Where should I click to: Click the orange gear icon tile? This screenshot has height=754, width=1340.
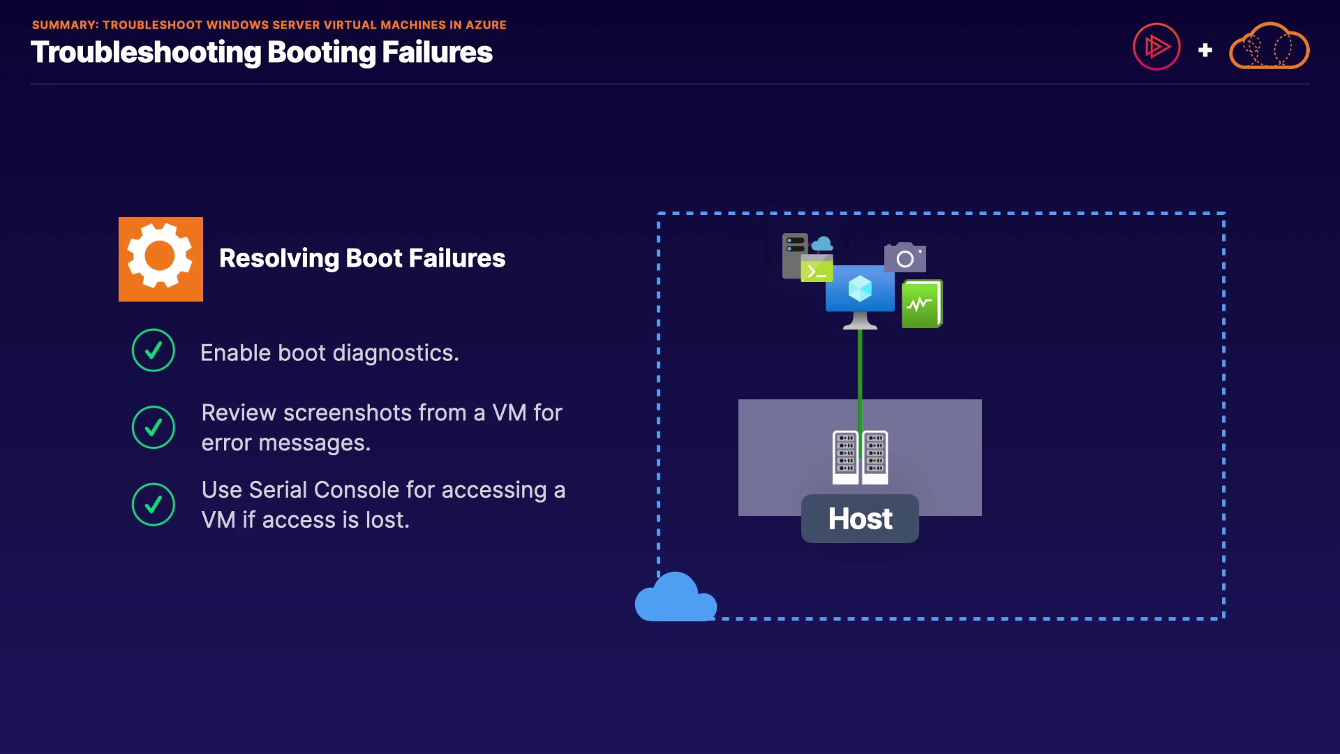pyautogui.click(x=161, y=259)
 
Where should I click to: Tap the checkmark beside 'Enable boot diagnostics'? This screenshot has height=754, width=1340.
pyautogui.click(x=154, y=350)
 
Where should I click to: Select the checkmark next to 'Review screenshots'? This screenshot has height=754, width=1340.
pyautogui.click(x=154, y=427)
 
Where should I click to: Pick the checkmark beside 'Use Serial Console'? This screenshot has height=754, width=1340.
pyautogui.click(x=154, y=504)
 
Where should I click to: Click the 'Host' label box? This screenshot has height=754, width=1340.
pyautogui.click(x=860, y=519)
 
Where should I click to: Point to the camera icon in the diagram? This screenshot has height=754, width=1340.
pyautogui.click(x=905, y=258)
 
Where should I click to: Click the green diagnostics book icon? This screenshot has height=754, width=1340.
pyautogui.click(x=922, y=304)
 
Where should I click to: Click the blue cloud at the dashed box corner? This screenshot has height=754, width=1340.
pyautogui.click(x=675, y=599)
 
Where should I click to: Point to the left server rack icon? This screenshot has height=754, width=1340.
pyautogui.click(x=846, y=457)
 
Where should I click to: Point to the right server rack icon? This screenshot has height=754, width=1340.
pyautogui.click(x=875, y=457)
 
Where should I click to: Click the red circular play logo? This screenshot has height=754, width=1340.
pyautogui.click(x=1156, y=47)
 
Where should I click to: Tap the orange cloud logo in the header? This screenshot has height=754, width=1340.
pyautogui.click(x=1269, y=47)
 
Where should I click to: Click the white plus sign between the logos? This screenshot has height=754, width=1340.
pyautogui.click(x=1205, y=50)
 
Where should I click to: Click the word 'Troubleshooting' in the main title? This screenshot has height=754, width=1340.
pyautogui.click(x=146, y=53)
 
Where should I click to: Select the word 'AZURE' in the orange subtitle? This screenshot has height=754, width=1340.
pyautogui.click(x=486, y=25)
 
